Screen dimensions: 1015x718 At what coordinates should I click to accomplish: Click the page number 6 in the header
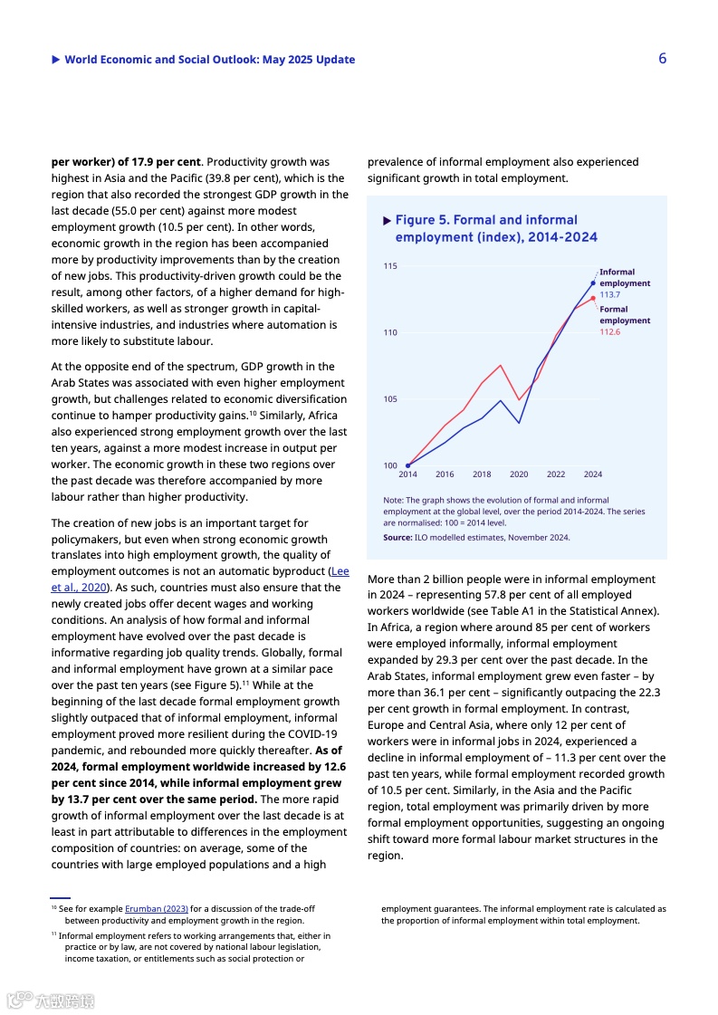click(663, 59)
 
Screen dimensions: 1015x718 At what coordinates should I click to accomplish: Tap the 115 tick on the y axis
click(389, 266)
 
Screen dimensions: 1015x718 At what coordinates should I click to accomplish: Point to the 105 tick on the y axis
click(389, 399)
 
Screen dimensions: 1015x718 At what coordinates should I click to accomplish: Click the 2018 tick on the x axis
click(482, 474)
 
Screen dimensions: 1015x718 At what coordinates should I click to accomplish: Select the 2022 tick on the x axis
click(556, 474)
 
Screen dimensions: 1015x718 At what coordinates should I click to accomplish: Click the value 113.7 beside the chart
click(609, 295)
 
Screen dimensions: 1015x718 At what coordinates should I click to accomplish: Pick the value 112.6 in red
click(609, 332)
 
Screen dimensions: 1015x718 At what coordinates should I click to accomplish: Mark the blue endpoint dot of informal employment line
click(593, 283)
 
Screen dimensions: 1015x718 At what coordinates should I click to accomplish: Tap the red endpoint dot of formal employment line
click(593, 298)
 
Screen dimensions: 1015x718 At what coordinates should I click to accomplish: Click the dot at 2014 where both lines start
click(408, 465)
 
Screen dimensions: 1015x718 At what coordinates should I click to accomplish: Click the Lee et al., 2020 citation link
click(340, 571)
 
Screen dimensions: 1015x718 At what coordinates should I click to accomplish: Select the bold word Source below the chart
click(397, 537)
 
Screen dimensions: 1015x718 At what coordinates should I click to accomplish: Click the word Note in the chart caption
click(393, 500)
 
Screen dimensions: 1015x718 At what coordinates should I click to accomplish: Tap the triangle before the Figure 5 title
click(388, 220)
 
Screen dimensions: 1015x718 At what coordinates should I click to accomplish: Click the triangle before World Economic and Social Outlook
click(56, 60)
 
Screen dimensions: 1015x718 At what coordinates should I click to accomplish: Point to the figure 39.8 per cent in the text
click(239, 178)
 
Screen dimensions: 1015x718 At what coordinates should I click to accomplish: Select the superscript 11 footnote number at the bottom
click(53, 934)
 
